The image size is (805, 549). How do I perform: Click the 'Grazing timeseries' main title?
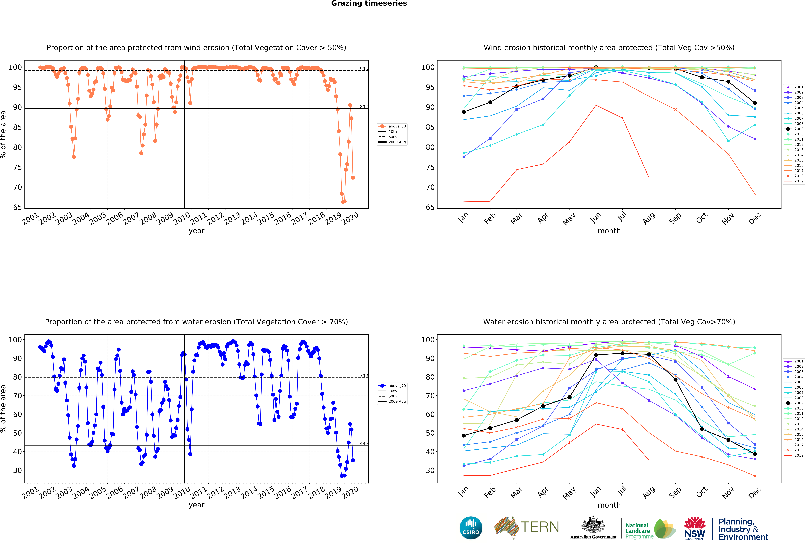pos(369,3)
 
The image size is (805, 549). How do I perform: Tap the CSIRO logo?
pos(471,528)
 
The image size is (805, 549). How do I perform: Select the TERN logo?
pos(526,527)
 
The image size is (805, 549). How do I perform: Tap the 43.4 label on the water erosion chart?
pos(364,443)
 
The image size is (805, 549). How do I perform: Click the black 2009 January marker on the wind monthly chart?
pos(464,112)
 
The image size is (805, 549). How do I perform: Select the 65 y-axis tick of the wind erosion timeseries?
pos(17,207)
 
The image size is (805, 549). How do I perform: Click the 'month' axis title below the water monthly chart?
pos(609,505)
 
